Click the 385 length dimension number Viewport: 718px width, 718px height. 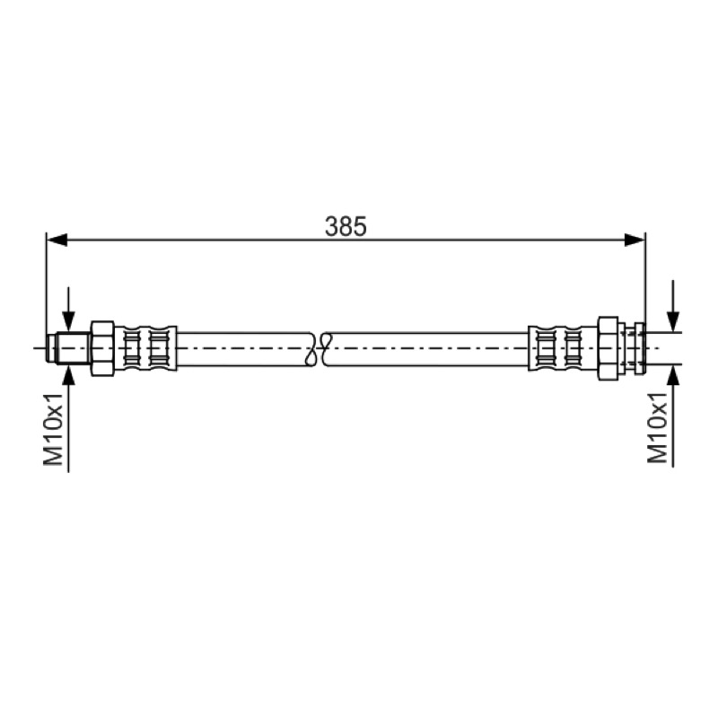pos(346,226)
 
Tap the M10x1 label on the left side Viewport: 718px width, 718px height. pos(53,429)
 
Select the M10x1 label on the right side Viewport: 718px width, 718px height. pos(657,427)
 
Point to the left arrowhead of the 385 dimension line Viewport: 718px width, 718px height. pos(57,239)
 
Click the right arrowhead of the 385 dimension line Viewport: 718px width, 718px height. pos(635,239)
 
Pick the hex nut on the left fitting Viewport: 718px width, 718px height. pos(102,348)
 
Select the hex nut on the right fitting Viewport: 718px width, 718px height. pos(609,348)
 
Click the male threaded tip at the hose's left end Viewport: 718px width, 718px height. pos(69,348)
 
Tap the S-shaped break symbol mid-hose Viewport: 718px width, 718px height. pos(320,349)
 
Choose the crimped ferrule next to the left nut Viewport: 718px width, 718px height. pos(145,348)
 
